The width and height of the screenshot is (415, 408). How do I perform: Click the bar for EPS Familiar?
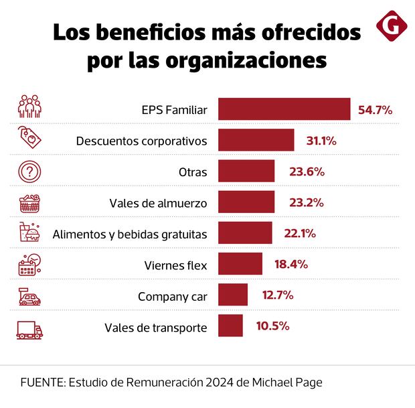click(284, 109)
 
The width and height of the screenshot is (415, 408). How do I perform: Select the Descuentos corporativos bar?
click(256, 141)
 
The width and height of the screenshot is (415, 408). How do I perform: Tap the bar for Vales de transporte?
click(230, 326)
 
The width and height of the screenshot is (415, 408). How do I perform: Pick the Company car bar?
click(233, 295)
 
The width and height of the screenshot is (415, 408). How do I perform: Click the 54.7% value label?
click(375, 110)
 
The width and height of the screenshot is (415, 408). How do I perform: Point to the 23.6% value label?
click(307, 172)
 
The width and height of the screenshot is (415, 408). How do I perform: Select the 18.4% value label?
click(291, 264)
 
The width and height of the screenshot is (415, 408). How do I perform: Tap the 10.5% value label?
click(272, 326)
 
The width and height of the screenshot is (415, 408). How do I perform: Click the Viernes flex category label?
click(176, 265)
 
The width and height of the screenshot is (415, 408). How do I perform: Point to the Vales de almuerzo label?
click(158, 203)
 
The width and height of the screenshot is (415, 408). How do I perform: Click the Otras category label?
click(193, 172)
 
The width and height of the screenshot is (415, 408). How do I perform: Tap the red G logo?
click(392, 25)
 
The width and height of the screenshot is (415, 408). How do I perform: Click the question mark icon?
click(29, 172)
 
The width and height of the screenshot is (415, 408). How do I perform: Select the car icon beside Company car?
click(29, 296)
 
